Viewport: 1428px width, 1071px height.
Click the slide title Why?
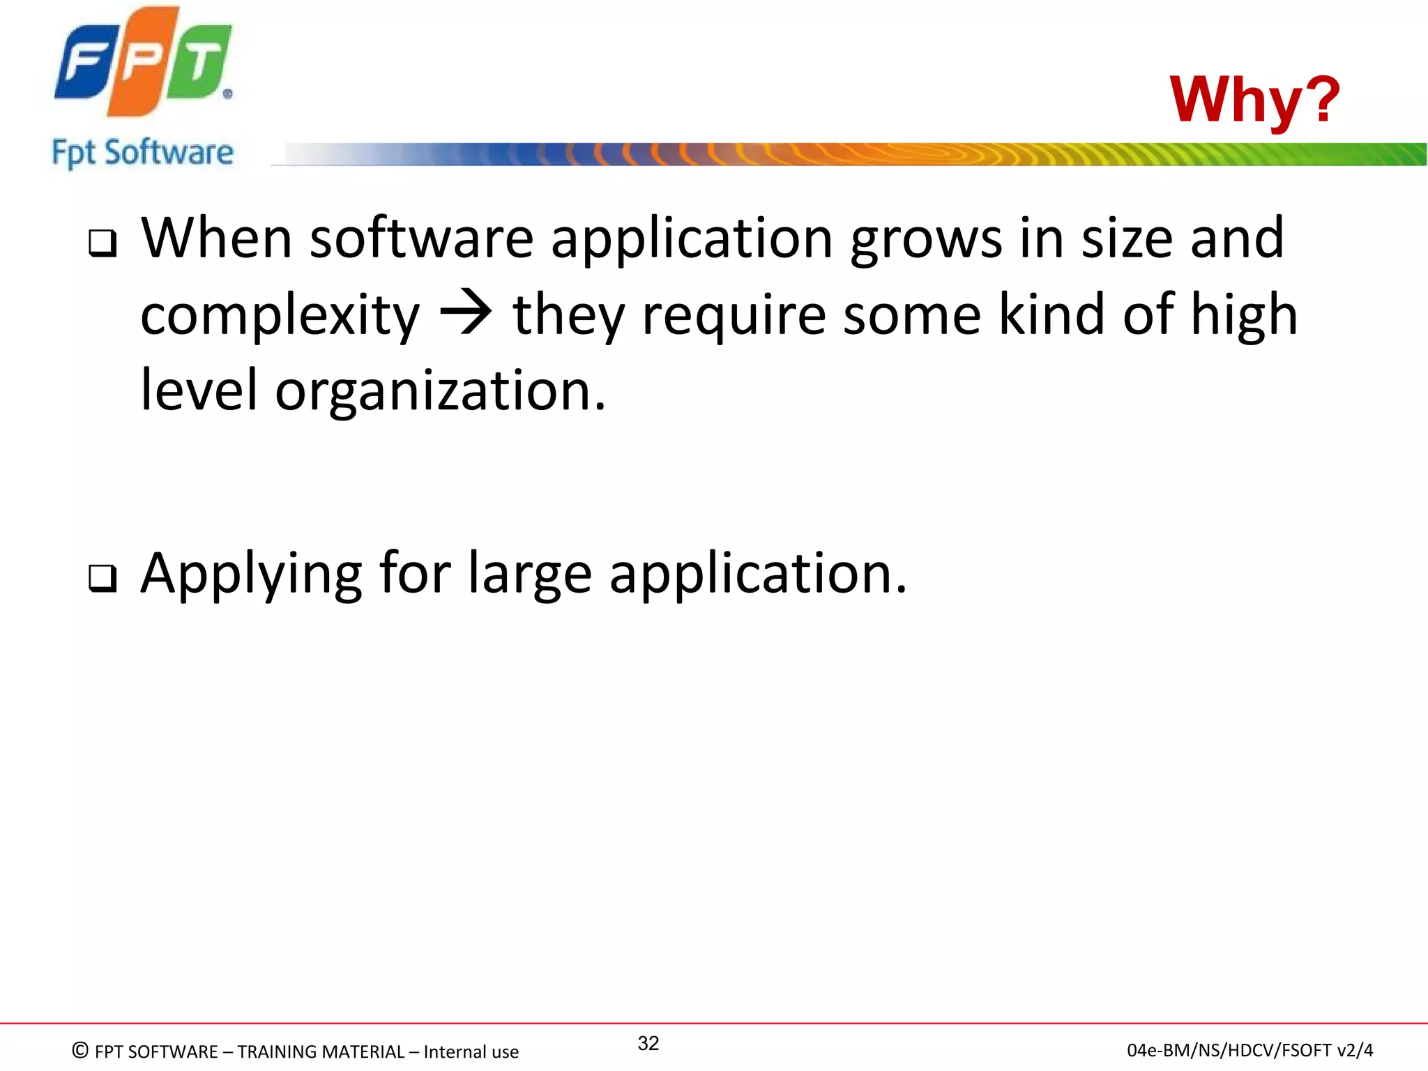click(x=1254, y=100)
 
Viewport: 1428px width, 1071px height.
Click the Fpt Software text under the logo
click(x=143, y=153)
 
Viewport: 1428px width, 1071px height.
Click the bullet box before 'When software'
click(x=102, y=243)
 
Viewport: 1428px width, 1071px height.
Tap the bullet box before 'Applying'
click(x=102, y=578)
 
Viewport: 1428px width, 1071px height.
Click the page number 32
click(x=648, y=1043)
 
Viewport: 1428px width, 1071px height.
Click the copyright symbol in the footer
click(x=80, y=1050)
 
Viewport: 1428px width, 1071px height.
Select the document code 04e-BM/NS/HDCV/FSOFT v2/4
click(x=1249, y=1050)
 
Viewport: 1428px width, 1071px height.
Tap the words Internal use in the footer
click(x=471, y=1051)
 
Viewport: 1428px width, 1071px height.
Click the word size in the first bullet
click(x=1127, y=238)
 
